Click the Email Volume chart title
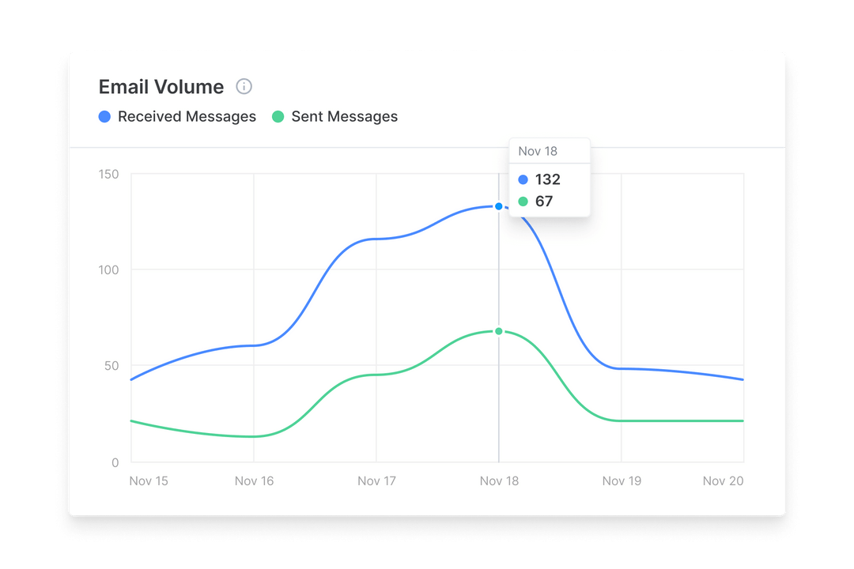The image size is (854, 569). (161, 87)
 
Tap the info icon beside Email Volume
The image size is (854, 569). (244, 86)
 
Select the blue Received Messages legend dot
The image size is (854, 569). (104, 117)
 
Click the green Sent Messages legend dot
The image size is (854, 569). (278, 117)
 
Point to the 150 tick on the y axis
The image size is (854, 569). (108, 174)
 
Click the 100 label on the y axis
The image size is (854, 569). (108, 270)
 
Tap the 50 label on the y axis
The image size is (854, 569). (111, 366)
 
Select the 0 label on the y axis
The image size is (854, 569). (115, 462)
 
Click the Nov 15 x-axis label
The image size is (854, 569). (149, 480)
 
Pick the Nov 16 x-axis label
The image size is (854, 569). (255, 480)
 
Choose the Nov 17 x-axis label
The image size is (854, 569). (376, 480)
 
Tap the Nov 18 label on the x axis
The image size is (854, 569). (499, 480)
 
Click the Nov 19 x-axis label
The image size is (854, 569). (622, 480)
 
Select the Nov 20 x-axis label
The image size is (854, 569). (724, 480)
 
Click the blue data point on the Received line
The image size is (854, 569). (498, 206)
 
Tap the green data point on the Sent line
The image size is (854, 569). (498, 331)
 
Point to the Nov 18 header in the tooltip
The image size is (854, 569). (538, 151)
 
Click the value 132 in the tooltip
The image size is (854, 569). (547, 179)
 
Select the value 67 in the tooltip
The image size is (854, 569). (544, 202)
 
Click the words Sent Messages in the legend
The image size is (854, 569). (344, 117)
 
